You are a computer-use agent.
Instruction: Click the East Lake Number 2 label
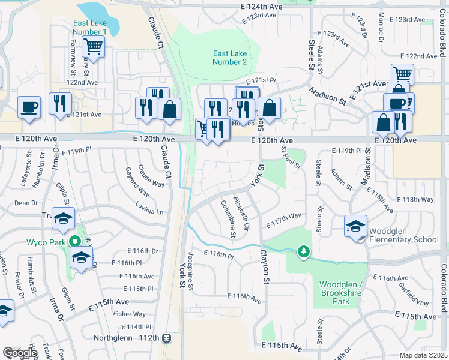(x=230, y=58)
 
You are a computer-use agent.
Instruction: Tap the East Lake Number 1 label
(x=89, y=28)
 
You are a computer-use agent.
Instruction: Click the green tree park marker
(x=304, y=251)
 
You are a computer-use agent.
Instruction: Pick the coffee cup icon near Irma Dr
(x=29, y=107)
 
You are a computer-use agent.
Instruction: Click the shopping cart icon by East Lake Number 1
(x=92, y=46)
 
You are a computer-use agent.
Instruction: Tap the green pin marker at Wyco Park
(x=75, y=242)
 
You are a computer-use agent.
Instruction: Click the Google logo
(x=19, y=353)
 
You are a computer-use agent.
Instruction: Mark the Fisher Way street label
(x=130, y=314)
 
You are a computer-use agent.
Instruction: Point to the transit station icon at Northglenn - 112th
(x=167, y=338)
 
